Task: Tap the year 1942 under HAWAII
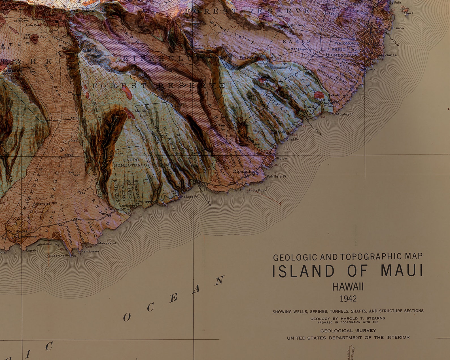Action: [x=348, y=298]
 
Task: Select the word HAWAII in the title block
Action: [x=348, y=287]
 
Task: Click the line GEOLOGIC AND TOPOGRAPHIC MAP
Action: [x=348, y=257]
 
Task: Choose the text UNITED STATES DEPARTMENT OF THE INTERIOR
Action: [x=348, y=338]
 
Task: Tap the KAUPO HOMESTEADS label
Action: [x=131, y=162]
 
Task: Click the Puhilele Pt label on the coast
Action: [x=276, y=176]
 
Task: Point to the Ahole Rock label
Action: [x=257, y=190]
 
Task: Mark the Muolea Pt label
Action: [x=345, y=114]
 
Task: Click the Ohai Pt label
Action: [x=292, y=139]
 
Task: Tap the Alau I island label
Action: [x=408, y=13]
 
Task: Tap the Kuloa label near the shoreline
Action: [x=281, y=158]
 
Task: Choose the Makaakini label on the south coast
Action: [x=107, y=243]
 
